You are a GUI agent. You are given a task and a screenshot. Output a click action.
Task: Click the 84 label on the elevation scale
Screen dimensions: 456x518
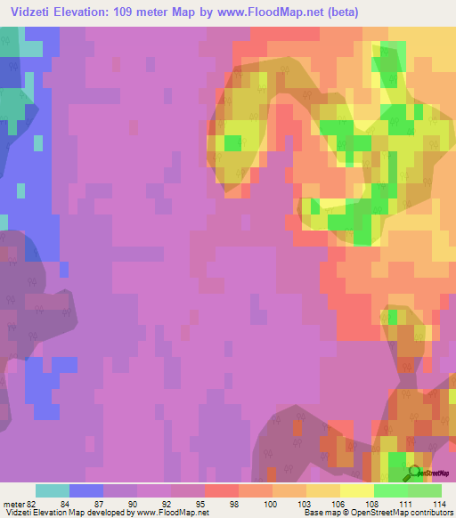(53, 504)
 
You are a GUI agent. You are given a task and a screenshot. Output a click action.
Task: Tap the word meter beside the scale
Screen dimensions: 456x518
(13, 504)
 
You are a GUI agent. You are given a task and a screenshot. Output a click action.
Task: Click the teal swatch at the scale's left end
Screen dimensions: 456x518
(53, 490)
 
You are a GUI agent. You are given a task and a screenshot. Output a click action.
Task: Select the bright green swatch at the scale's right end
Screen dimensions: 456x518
(425, 490)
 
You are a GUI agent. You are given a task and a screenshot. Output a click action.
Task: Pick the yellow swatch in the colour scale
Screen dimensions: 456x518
(357, 490)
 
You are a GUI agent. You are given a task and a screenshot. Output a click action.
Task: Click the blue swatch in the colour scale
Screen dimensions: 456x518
(86, 490)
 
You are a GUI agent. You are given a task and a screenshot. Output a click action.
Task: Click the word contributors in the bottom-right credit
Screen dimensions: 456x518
(428, 514)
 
